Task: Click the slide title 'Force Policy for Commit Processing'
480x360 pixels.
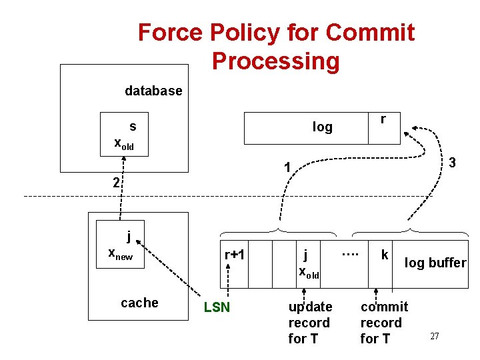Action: pos(276,46)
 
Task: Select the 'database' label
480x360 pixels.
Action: pos(153,91)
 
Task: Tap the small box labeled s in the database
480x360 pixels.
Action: pos(124,134)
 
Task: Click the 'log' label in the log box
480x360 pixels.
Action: pos(322,127)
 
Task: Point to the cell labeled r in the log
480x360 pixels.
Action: pos(383,127)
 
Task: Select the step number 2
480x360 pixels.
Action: pos(116,182)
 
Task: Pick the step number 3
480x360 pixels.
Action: pos(451,163)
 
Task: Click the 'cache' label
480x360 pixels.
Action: pos(139,303)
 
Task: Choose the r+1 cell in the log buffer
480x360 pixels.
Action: pos(235,255)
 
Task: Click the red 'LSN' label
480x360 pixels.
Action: pos(217,307)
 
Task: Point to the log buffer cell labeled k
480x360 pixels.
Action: pos(385,255)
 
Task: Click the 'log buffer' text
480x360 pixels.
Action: pos(435,263)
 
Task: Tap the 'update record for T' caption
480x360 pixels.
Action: pos(309,323)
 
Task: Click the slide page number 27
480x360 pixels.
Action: pos(434,336)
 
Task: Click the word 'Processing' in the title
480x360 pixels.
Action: pos(276,61)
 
